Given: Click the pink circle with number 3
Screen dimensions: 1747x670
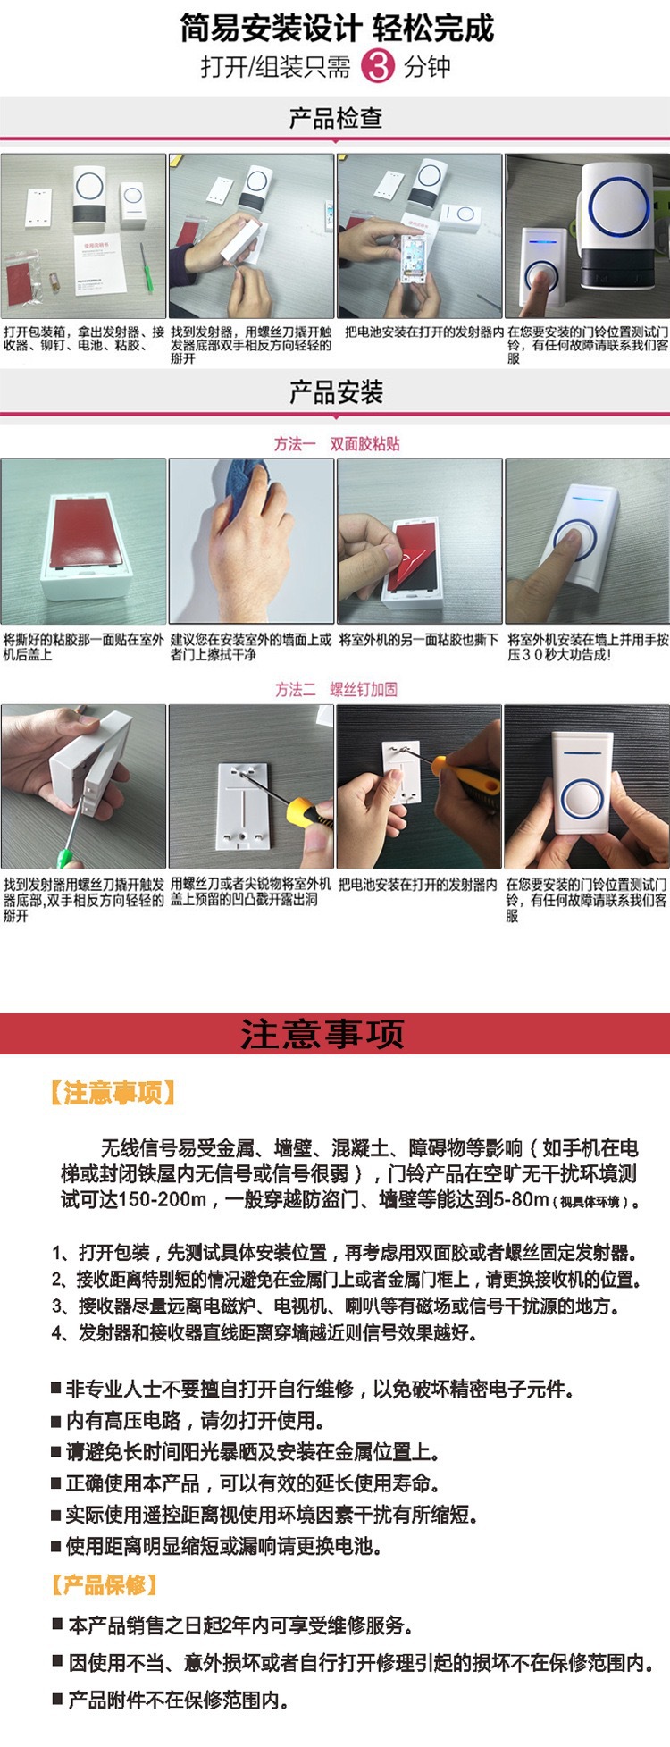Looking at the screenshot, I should point(377,66).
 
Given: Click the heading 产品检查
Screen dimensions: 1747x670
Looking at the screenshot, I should point(336,117).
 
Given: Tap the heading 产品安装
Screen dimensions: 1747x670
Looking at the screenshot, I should point(336,391).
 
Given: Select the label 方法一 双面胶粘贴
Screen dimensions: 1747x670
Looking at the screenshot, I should point(336,444).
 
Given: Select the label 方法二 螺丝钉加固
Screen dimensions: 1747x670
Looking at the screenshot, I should point(336,689).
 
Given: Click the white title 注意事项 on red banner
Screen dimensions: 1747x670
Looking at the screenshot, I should point(322,1034).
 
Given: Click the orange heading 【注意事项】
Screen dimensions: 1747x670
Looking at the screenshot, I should point(113,1092).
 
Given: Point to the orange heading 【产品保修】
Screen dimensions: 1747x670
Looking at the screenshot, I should point(104,1585).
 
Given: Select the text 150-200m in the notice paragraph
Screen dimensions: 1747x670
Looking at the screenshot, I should point(163,1199).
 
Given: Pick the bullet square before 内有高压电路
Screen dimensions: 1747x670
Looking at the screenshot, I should point(55,1420).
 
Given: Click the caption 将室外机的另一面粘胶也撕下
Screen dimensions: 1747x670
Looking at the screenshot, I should point(418,641).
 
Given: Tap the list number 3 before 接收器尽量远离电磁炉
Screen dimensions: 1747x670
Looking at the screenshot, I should point(57,1306).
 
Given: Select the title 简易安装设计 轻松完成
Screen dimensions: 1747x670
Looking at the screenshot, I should point(336,29).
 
